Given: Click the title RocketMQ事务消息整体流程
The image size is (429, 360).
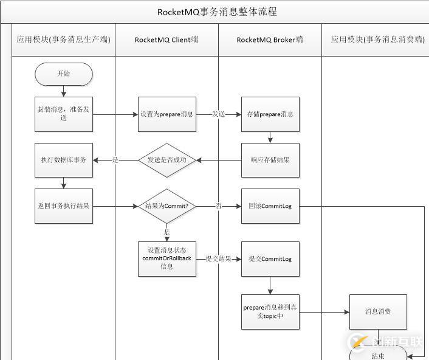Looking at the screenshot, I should (217, 12).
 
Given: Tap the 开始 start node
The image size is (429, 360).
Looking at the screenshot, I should (63, 74).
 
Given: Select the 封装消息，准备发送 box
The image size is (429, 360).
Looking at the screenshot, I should (64, 114).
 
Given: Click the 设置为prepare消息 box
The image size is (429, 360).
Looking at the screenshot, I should (167, 114).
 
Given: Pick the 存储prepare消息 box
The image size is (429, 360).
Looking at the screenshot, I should (270, 114).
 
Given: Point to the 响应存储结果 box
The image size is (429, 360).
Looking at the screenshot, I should (270, 160).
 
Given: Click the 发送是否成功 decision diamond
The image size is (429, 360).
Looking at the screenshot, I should (167, 160).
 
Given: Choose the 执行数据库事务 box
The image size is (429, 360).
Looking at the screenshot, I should (64, 160).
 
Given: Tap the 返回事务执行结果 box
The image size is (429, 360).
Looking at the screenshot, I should (64, 206).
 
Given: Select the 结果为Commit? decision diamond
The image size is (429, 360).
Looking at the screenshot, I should (167, 206).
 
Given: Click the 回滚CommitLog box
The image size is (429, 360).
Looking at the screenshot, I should (270, 206).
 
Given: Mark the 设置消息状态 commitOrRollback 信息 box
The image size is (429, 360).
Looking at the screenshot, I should (167, 258).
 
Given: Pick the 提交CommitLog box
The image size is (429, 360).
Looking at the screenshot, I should (270, 258).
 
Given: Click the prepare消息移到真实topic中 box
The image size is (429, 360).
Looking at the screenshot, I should (270, 312).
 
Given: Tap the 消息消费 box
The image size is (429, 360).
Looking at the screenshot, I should (378, 312).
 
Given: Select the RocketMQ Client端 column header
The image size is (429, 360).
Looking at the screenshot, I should (166, 40).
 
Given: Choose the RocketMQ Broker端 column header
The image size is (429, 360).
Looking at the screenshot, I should (270, 40).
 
